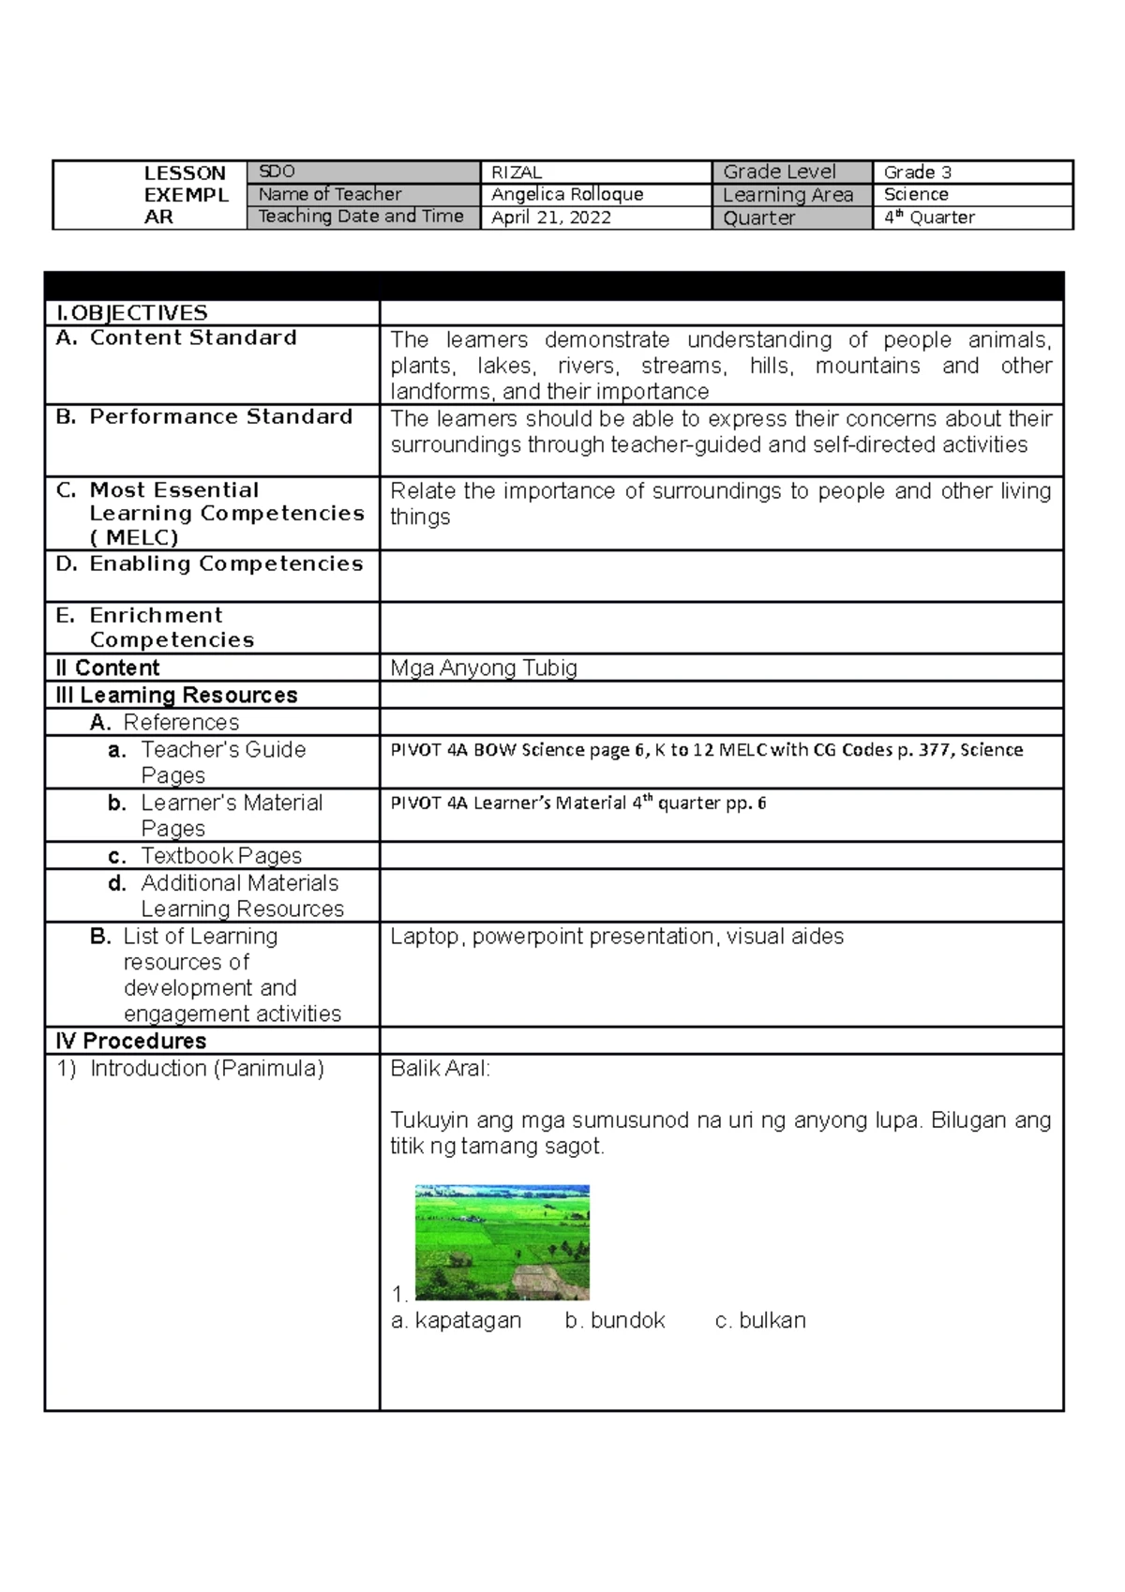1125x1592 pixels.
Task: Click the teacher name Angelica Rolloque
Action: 567,194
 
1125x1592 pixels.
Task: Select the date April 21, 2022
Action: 551,218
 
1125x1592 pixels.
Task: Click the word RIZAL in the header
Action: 517,172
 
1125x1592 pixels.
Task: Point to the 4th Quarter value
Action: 929,218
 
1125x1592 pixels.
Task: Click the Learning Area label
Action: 787,195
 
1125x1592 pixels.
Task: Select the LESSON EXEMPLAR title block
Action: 185,195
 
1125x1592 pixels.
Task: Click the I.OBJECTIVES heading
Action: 132,313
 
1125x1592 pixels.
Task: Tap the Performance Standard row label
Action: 220,416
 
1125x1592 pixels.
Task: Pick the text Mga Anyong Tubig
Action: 484,668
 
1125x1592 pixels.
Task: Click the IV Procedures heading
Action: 131,1041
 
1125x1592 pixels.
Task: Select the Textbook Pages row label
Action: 221,856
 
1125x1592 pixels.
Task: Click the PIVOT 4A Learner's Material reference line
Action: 577,803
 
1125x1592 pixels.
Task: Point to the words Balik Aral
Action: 440,1069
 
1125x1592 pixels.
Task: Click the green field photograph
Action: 502,1242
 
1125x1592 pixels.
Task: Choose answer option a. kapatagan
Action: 457,1320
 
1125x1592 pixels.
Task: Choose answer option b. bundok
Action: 615,1320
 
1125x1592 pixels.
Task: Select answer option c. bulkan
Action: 760,1320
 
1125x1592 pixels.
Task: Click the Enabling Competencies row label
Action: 225,563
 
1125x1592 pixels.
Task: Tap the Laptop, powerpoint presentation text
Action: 617,936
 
